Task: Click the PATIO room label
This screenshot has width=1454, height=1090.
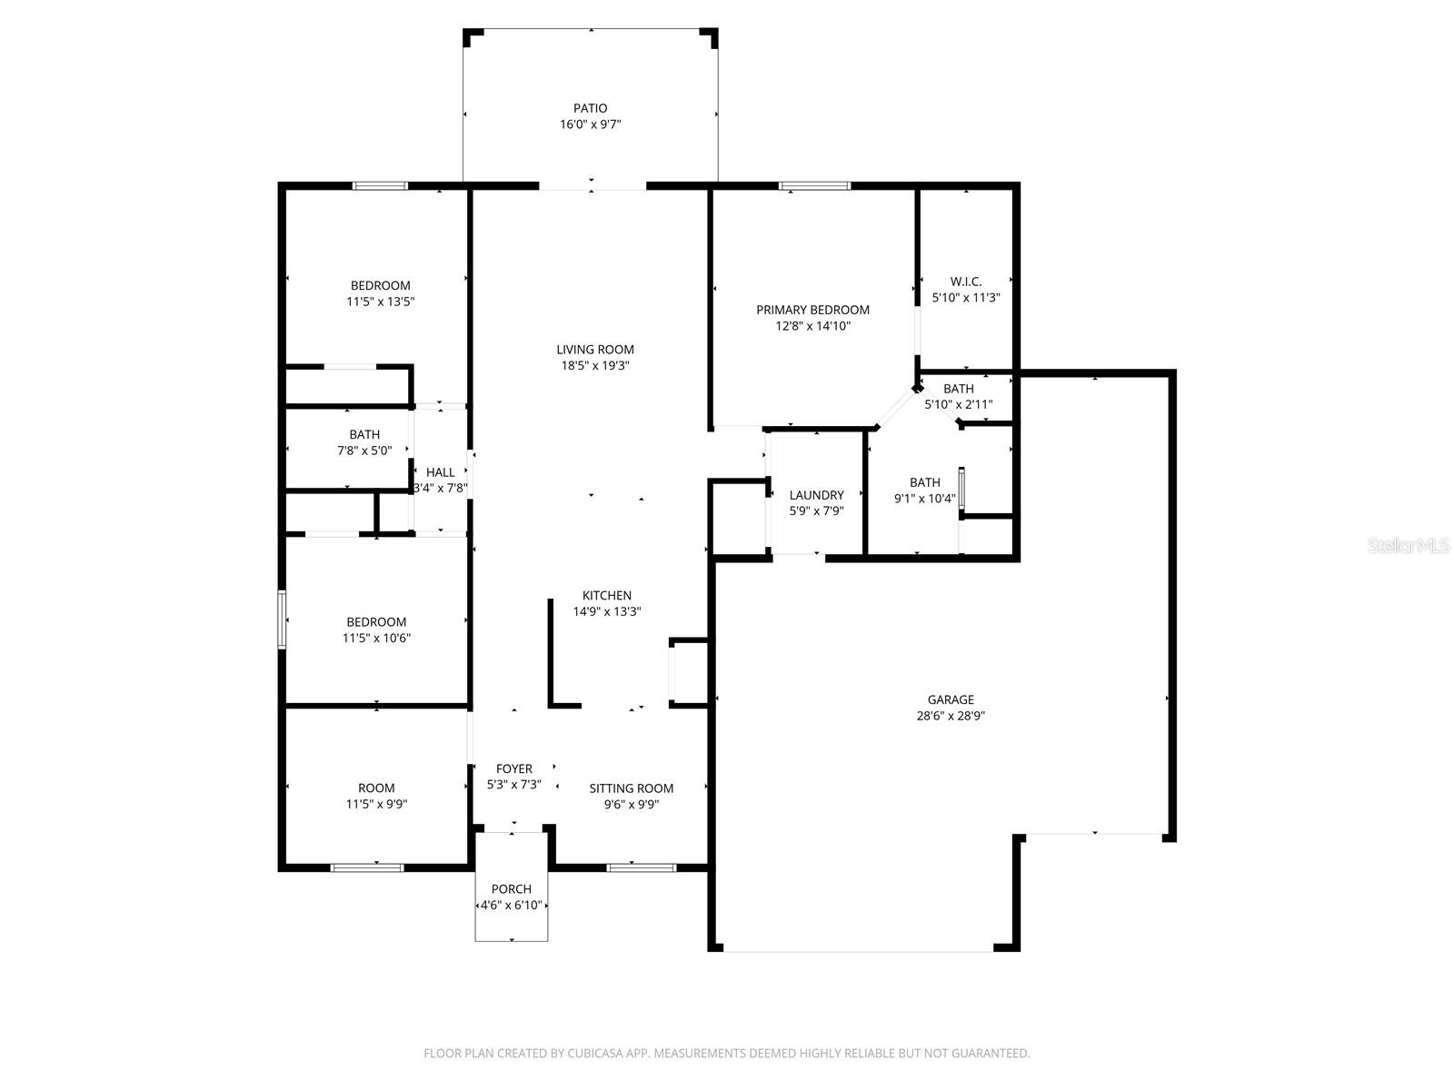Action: point(590,108)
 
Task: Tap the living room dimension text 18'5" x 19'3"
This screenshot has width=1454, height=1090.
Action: point(595,365)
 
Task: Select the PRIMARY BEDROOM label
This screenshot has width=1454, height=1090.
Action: point(812,310)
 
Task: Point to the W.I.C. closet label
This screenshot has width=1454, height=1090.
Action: point(966,282)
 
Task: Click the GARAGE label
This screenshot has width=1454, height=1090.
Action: point(951,699)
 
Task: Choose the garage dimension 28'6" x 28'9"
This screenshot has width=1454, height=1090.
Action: point(951,716)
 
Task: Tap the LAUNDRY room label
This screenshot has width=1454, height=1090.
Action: point(816,495)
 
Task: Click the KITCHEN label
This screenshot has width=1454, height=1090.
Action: point(607,596)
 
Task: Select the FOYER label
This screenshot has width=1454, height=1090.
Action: point(514,768)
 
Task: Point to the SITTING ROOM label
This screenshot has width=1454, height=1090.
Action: point(632,788)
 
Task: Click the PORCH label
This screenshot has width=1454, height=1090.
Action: point(512,889)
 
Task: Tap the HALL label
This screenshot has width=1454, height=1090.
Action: point(441,472)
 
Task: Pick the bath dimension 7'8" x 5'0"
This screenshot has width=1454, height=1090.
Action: point(364,451)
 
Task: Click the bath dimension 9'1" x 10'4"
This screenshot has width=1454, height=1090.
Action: point(925,499)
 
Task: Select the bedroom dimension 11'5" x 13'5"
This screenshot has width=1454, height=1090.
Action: point(380,302)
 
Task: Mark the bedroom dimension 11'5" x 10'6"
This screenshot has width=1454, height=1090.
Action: point(376,638)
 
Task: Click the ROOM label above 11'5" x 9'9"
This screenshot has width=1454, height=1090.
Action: point(376,788)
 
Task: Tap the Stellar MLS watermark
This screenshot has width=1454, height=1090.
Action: point(1409,545)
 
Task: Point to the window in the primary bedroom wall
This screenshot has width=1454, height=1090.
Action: point(814,186)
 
